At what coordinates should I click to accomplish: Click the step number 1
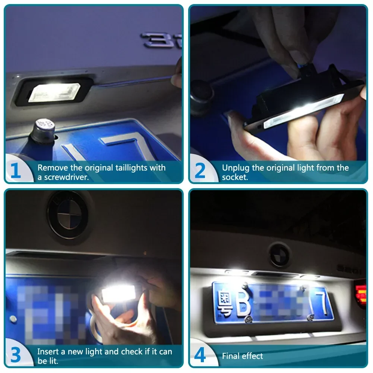click(x=15, y=171)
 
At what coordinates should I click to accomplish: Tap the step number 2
click(x=200, y=171)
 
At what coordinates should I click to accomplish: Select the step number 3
click(x=15, y=355)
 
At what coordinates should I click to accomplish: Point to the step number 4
click(x=200, y=355)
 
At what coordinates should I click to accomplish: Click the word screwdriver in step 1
click(x=66, y=177)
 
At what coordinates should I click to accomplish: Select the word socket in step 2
click(x=235, y=177)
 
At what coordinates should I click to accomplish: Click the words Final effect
click(x=243, y=356)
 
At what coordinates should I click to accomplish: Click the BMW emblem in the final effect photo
click(x=280, y=255)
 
